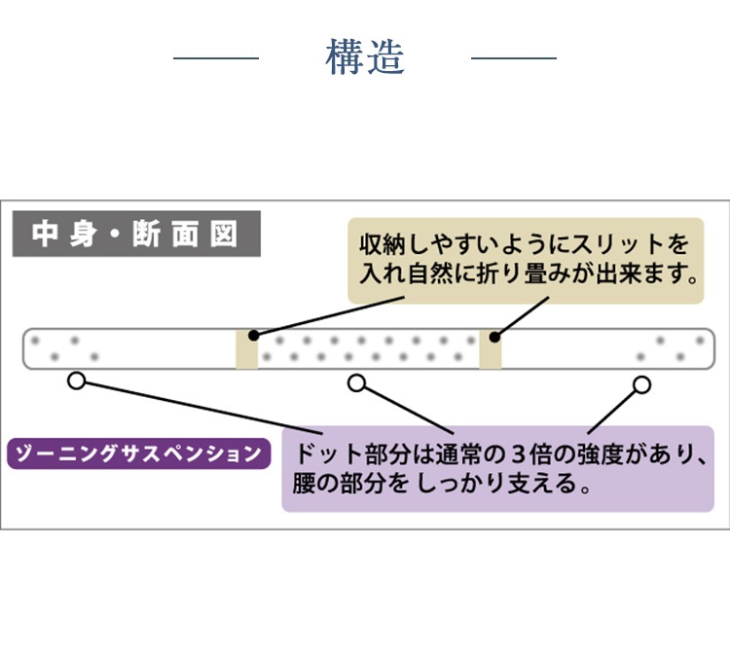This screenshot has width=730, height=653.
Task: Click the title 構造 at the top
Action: [364, 57]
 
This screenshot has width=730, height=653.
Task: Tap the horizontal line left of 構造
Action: [216, 58]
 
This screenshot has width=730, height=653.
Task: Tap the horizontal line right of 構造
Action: [513, 58]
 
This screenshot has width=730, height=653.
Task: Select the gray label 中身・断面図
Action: [136, 235]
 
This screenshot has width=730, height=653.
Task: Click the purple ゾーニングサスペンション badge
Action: [138, 453]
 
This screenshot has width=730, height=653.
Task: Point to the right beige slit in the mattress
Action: [491, 348]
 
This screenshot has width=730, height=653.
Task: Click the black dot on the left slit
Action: [253, 336]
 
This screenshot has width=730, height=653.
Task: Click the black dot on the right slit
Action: [494, 338]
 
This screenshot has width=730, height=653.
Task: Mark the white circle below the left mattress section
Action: [77, 381]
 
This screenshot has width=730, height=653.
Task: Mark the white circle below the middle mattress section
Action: [357, 383]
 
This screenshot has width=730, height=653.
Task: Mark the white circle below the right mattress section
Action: [640, 384]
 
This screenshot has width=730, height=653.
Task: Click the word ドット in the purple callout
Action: [328, 454]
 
